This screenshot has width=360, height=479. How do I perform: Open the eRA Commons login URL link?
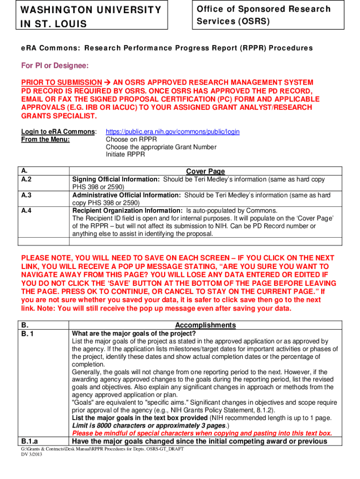173,132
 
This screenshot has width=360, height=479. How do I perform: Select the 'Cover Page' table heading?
206,172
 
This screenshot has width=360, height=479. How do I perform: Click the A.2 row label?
27,180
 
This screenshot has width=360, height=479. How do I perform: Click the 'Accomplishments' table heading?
205,325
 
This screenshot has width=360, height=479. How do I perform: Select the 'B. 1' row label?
29,334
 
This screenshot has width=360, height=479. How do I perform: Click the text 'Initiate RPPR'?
125,154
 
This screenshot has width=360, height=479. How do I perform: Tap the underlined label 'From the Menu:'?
46,139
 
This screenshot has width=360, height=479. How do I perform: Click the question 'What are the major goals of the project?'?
134,334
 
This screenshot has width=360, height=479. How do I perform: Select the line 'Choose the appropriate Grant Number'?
161,147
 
